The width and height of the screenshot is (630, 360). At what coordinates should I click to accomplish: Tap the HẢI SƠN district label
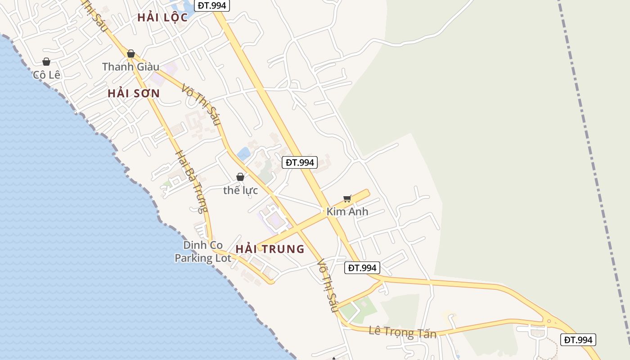134,94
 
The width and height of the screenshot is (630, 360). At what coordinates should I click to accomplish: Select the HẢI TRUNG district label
270,249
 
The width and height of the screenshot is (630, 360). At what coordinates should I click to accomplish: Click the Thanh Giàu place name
130,67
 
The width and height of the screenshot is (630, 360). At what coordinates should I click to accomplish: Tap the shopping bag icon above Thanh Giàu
131,54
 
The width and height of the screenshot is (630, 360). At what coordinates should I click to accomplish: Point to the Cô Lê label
46,75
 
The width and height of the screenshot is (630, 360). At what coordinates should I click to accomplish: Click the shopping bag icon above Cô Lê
46,62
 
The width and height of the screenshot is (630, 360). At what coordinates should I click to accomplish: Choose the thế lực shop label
241,190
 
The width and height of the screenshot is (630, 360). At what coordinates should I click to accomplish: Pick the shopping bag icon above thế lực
240,177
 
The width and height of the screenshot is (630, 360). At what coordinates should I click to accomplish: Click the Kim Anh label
347,211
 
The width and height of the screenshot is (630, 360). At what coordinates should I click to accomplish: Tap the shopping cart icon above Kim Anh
347,198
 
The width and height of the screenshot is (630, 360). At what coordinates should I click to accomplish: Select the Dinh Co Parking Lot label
203,252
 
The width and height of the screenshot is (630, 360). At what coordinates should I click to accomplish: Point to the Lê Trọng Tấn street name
402,332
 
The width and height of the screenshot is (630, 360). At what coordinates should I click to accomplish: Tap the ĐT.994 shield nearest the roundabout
578,340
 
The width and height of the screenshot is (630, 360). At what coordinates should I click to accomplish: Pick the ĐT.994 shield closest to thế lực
300,162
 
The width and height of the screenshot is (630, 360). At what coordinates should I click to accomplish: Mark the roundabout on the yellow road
549,321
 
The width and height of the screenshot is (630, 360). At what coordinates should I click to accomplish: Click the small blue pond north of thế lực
243,154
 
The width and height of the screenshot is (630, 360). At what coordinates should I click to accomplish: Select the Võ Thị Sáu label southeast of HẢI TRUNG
327,286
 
